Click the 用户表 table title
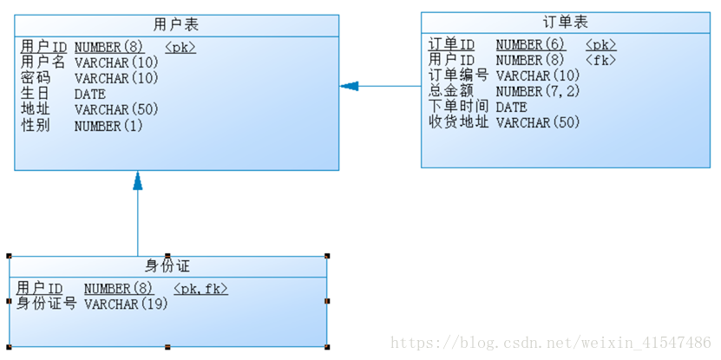[176, 24]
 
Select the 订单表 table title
[565, 22]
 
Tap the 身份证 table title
[167, 265]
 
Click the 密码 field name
[36, 78]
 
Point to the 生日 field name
[36, 94]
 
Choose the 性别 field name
[36, 126]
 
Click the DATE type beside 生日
[90, 94]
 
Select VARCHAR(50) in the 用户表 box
[116, 110]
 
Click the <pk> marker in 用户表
[180, 47]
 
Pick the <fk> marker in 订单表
[600, 60]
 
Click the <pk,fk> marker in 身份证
[200, 288]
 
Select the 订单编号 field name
[459, 75]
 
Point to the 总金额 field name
[451, 91]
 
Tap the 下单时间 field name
[459, 107]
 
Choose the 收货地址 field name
[459, 122]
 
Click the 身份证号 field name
[47, 304]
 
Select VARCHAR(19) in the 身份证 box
[126, 304]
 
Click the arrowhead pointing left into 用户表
[349, 86]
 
